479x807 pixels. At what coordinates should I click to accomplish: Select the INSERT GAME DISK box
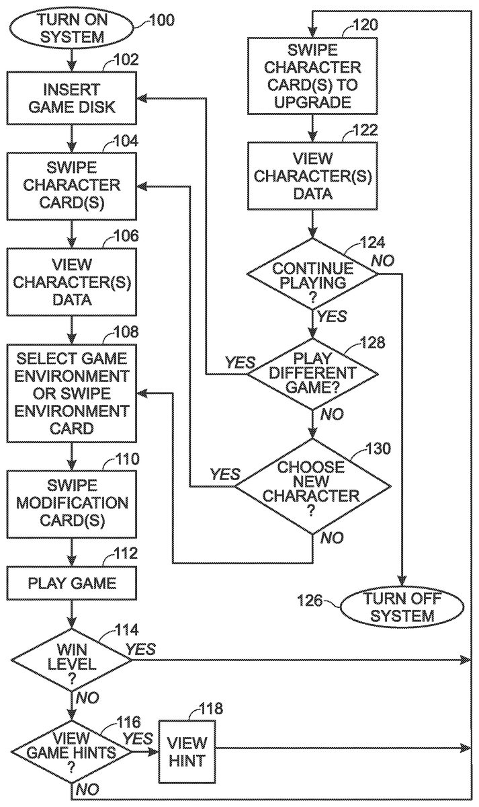pos(73,98)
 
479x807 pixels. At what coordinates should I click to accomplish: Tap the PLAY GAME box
pos(73,582)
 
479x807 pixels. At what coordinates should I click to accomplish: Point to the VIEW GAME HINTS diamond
pos(73,752)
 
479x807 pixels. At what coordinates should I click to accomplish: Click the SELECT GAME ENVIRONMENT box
pos(73,391)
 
